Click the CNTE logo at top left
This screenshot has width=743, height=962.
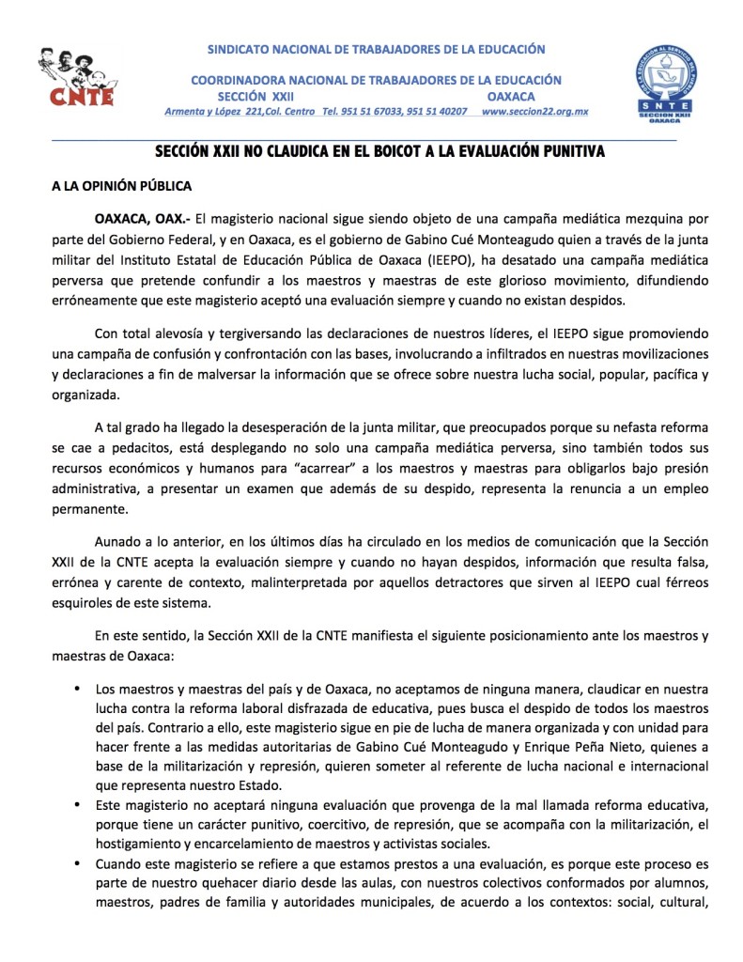[76, 76]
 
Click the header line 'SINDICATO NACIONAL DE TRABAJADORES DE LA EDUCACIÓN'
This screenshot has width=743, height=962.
[376, 48]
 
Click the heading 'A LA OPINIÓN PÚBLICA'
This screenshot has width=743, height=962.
[121, 186]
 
